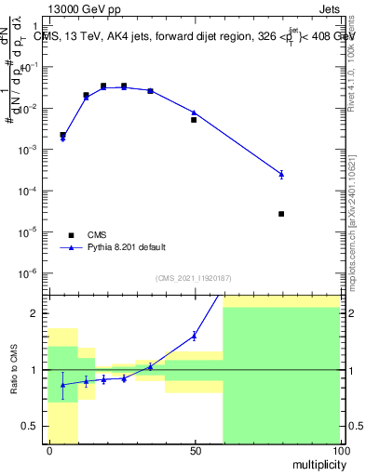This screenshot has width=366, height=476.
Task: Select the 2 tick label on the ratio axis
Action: coord(38,313)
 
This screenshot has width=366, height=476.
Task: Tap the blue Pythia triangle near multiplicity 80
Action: coord(281,174)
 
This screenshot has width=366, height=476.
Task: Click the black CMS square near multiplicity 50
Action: coord(194,120)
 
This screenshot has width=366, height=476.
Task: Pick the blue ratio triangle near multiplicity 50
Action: coord(194,336)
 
